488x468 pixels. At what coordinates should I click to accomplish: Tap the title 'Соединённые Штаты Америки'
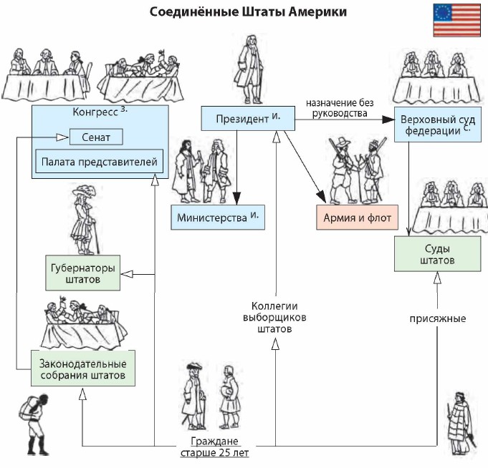248,12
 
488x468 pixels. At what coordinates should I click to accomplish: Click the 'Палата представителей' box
96,162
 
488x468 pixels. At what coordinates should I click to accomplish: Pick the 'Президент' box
247,119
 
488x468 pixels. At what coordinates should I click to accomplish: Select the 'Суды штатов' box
436,254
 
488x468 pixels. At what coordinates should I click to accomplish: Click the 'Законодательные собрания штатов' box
83,369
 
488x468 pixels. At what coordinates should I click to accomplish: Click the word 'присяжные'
438,318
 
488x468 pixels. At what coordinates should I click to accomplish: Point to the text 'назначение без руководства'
336,107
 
